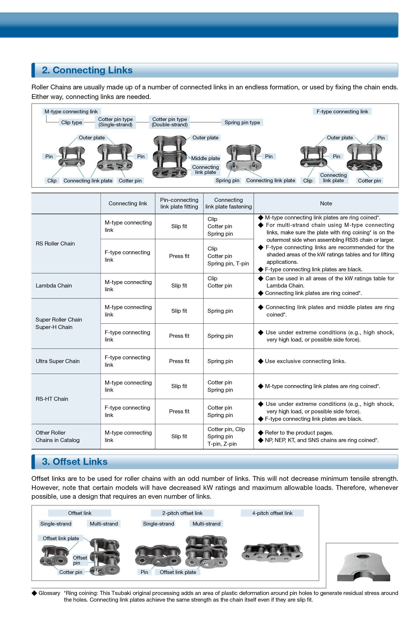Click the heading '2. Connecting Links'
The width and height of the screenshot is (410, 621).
tap(87, 70)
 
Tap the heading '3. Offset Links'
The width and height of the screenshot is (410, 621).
tap(75, 462)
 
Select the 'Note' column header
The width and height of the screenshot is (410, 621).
tap(326, 203)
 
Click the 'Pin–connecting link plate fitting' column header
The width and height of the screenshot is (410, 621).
tap(179, 203)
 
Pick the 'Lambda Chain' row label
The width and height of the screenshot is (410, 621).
tap(54, 286)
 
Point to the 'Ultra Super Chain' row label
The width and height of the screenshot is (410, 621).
tap(58, 361)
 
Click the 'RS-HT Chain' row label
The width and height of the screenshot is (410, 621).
tap(52, 399)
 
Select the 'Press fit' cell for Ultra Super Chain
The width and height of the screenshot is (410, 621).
tap(179, 361)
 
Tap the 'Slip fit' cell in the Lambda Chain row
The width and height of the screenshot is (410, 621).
tap(179, 286)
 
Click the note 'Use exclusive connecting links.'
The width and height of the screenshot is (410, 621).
tap(305, 361)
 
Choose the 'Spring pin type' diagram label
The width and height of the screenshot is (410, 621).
tap(242, 122)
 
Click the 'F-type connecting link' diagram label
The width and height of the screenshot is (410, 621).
tap(342, 111)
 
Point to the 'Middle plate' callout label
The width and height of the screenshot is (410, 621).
tap(206, 158)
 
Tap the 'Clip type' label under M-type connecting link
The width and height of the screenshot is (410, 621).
tap(72, 122)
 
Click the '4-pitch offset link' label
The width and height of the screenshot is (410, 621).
tap(272, 513)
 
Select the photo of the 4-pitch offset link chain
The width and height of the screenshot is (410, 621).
tap(272, 553)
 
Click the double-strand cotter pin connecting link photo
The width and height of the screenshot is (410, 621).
tap(169, 157)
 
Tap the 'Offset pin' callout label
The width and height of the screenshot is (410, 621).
tap(80, 560)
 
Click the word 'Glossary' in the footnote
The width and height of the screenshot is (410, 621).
tap(49, 593)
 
